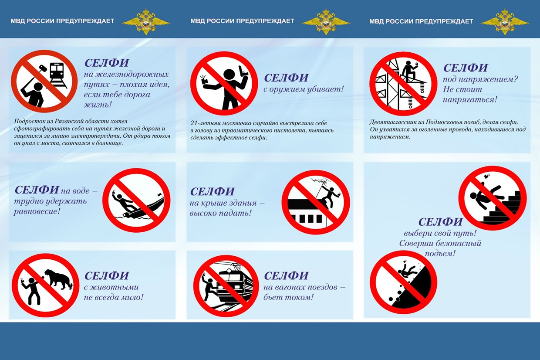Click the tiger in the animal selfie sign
tap(58, 278)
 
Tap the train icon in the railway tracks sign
tap(57, 73)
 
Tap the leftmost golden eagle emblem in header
tap(145, 21)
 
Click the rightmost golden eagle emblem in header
tap(505, 21)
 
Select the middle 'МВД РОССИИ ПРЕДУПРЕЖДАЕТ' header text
tap(242, 21)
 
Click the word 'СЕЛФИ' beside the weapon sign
tap(286, 78)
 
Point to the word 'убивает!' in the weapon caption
tap(327, 89)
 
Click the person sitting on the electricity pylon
tap(409, 70)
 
